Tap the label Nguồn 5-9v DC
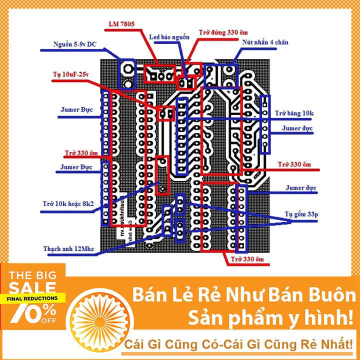click(x=75, y=44)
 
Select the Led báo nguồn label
click(x=169, y=37)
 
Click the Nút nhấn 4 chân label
click(x=265, y=43)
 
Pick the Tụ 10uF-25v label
click(x=70, y=75)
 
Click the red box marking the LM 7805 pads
click(x=159, y=74)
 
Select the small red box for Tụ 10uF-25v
click(x=166, y=113)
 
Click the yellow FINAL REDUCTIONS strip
click(x=32, y=298)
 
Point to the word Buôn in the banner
click(x=330, y=295)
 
